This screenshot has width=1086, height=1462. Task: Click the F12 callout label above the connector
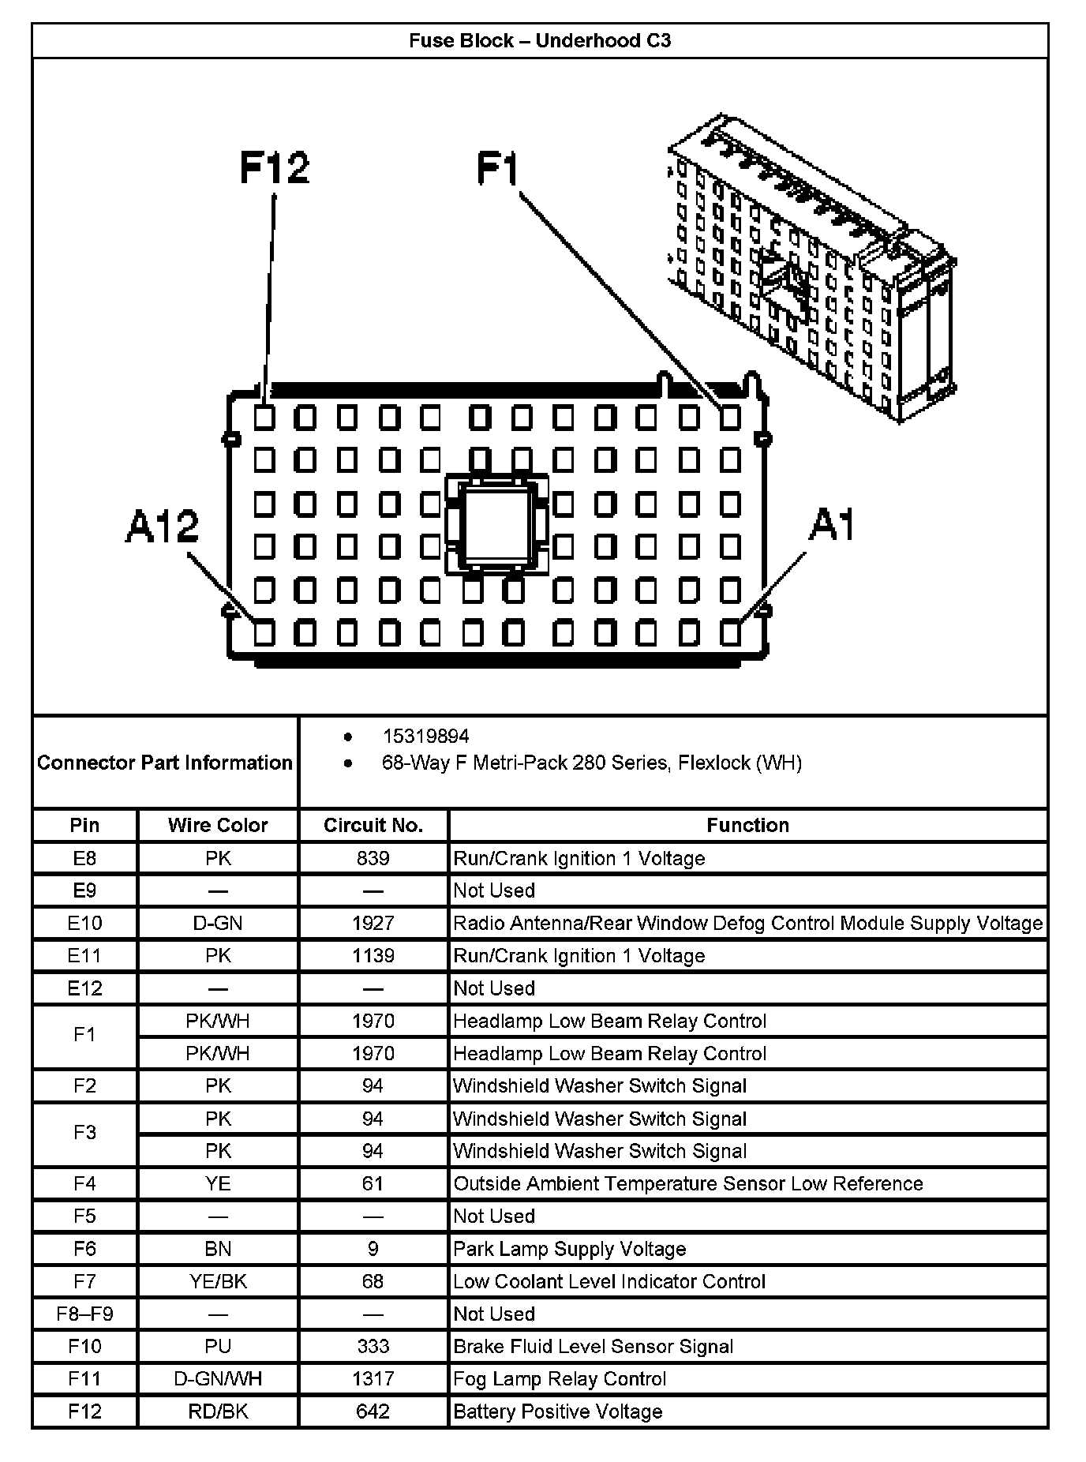pyautogui.click(x=275, y=168)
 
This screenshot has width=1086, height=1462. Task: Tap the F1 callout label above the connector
pyautogui.click(x=498, y=169)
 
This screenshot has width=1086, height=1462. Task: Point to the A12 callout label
pyautogui.click(x=163, y=526)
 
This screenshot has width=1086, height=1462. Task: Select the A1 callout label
pyautogui.click(x=831, y=525)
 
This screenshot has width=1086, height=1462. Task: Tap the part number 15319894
pyautogui.click(x=425, y=737)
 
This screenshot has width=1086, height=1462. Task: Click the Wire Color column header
pyautogui.click(x=218, y=825)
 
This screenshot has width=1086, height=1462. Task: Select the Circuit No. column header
pyautogui.click(x=373, y=825)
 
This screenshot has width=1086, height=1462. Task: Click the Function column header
pyautogui.click(x=747, y=825)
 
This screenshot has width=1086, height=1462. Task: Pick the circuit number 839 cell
pyautogui.click(x=373, y=858)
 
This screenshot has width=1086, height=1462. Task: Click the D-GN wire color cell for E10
pyautogui.click(x=218, y=923)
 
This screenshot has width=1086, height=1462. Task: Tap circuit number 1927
pyautogui.click(x=373, y=923)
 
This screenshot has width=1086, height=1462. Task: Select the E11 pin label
pyautogui.click(x=84, y=956)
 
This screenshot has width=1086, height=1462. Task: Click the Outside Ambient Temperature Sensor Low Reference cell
pyautogui.click(x=688, y=1183)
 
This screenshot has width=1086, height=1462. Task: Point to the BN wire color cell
pyautogui.click(x=218, y=1249)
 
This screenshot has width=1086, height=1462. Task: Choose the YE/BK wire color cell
pyautogui.click(x=218, y=1281)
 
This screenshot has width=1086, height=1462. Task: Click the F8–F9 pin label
pyautogui.click(x=84, y=1314)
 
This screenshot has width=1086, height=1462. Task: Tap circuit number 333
pyautogui.click(x=373, y=1346)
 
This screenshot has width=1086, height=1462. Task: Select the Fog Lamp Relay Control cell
pyautogui.click(x=560, y=1378)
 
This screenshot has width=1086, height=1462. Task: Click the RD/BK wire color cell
pyautogui.click(x=218, y=1411)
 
